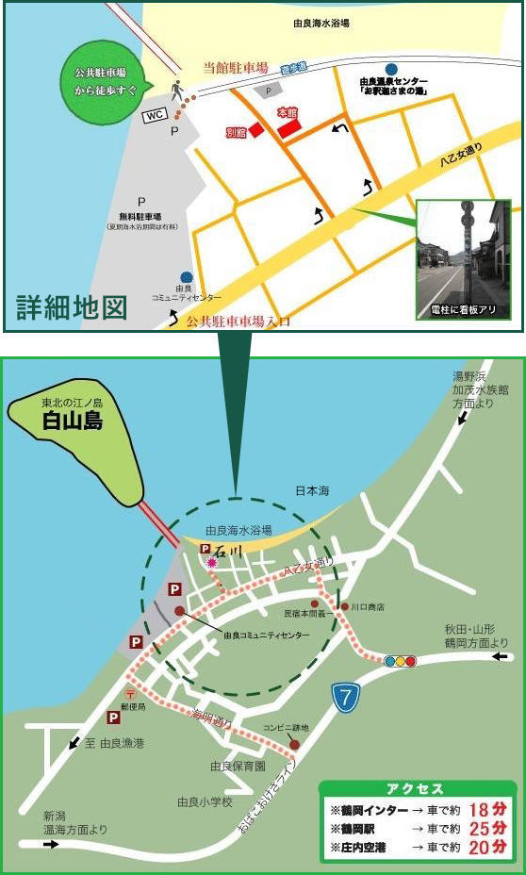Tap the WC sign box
(154, 115)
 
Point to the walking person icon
(176, 91)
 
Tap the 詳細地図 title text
(72, 307)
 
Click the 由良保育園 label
(237, 766)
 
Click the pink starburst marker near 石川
(212, 563)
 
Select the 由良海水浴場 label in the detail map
(321, 19)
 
